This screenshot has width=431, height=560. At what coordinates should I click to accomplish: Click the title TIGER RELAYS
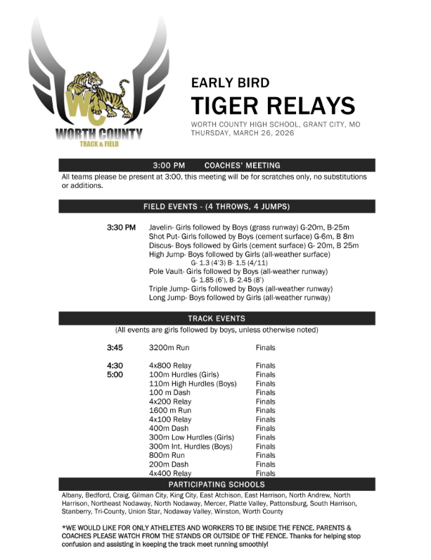[273, 106]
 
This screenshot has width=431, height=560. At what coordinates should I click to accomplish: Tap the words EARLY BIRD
[230, 82]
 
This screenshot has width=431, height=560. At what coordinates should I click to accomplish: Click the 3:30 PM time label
[121, 228]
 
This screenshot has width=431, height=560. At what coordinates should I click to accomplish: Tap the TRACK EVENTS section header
[216, 318]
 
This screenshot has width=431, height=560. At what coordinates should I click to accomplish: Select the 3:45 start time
[115, 348]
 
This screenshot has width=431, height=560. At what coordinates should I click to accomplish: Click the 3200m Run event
[169, 348]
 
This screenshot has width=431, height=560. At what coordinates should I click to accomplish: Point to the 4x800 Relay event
[170, 366]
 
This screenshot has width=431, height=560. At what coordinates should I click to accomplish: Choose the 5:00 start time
[115, 375]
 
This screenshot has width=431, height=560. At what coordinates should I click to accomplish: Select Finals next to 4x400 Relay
[266, 473]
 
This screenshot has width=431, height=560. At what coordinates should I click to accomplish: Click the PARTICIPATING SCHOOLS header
[216, 485]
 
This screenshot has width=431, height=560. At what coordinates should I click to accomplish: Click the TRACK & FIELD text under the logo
[98, 144]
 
